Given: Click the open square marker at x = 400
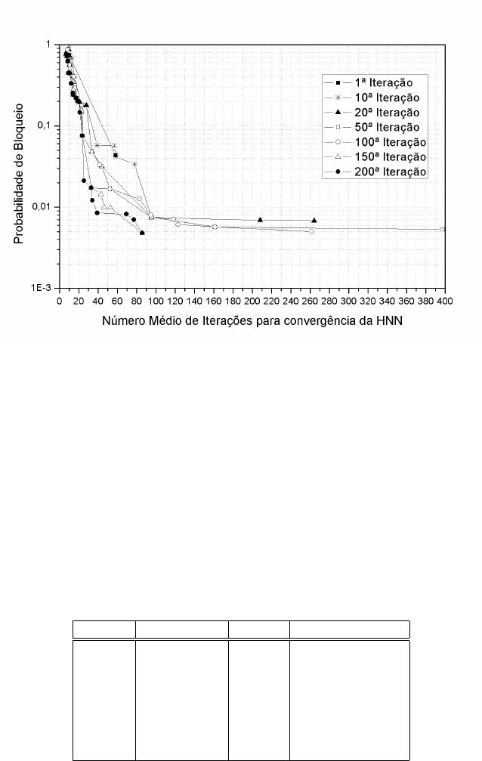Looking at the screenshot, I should [443, 229].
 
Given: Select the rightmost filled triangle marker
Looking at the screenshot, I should [314, 221].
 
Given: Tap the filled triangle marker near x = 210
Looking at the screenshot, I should [260, 220].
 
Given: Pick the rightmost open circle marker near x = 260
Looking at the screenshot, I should [311, 231].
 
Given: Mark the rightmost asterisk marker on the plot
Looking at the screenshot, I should [135, 164].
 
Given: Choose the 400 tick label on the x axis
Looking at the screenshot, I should [445, 301].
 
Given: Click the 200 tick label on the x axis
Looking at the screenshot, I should [252, 301].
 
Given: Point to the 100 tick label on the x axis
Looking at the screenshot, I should [156, 301].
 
